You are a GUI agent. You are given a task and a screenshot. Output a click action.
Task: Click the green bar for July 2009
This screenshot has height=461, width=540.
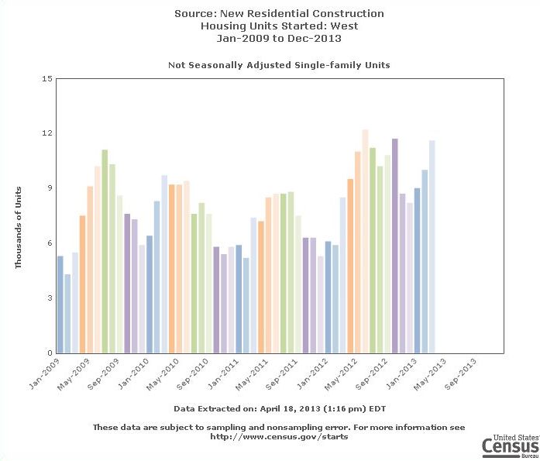click(x=105, y=252)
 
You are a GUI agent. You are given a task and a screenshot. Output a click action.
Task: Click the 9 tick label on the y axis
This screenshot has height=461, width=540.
click(x=48, y=188)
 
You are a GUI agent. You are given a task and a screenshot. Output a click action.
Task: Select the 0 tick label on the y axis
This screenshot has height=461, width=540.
click(x=48, y=353)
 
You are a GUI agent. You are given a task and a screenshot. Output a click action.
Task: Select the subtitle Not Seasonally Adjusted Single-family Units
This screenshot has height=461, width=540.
click(x=279, y=65)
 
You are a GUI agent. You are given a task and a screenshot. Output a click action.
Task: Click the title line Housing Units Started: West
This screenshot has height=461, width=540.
click(x=279, y=26)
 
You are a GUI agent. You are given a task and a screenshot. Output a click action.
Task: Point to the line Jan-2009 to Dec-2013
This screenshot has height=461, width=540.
click(x=279, y=38)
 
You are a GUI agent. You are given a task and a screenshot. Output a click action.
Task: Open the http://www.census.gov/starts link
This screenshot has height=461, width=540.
click(x=279, y=437)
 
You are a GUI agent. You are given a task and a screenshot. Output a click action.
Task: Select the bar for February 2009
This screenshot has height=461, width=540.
click(x=68, y=314)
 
